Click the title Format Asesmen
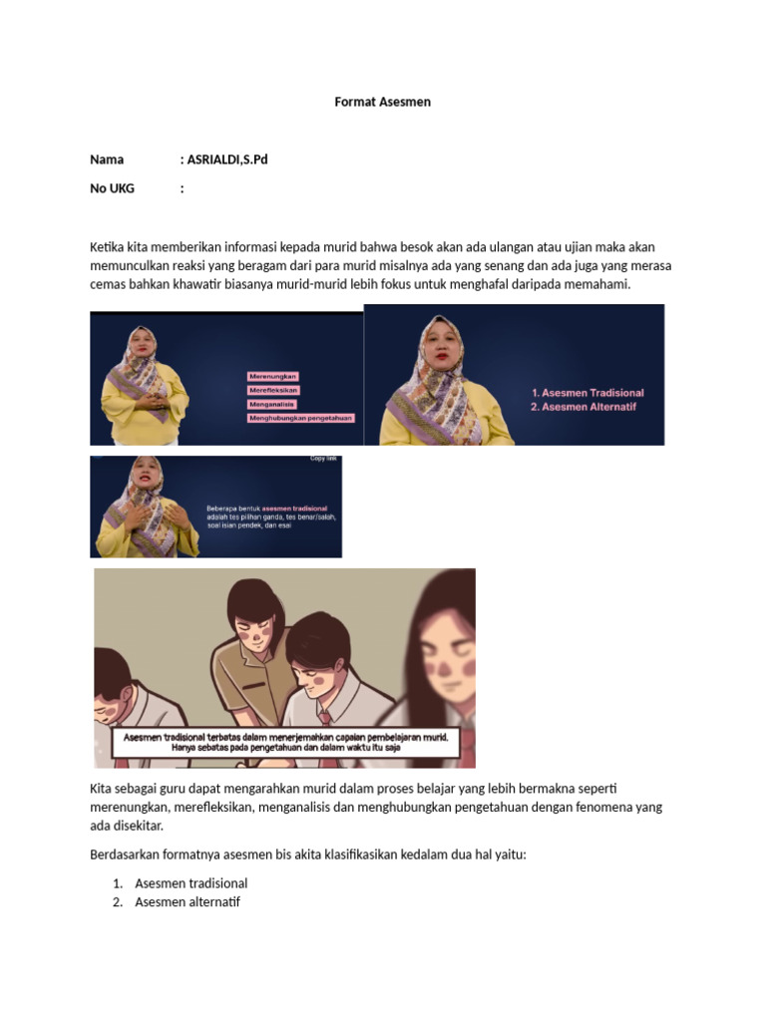click(383, 102)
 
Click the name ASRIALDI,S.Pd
click(227, 159)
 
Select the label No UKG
click(112, 187)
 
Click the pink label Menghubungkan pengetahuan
click(300, 419)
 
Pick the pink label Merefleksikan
click(273, 390)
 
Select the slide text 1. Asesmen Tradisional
click(587, 393)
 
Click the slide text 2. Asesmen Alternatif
click(583, 407)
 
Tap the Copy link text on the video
click(324, 459)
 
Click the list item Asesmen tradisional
click(191, 883)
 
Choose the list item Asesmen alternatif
click(188, 902)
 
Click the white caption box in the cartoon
click(284, 742)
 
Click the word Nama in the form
click(107, 159)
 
